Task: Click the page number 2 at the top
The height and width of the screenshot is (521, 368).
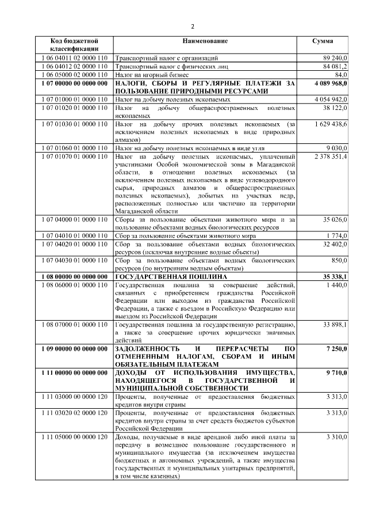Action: point(193,26)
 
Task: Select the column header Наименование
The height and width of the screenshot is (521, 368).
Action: point(205,41)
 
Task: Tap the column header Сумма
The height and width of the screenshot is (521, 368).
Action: point(322,41)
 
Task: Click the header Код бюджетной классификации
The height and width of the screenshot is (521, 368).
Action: point(74,45)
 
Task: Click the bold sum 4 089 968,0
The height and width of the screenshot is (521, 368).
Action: point(330,83)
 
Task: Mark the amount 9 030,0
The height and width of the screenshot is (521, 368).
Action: point(336,148)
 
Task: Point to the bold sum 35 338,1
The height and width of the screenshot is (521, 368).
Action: point(334,277)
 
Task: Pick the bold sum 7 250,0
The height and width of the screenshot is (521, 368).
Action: point(336,349)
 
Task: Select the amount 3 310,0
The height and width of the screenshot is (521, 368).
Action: point(336,437)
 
